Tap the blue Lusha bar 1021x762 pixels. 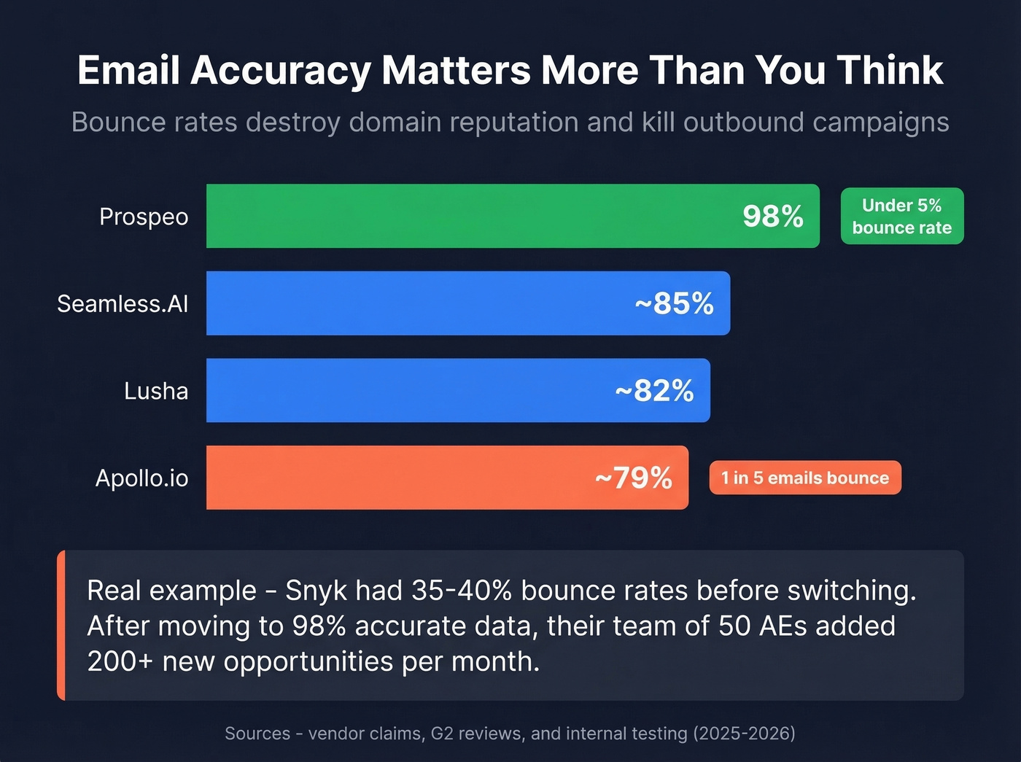coord(408,390)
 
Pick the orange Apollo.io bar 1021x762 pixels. coord(394,478)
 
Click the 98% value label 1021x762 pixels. coord(772,217)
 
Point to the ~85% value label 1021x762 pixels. coord(674,304)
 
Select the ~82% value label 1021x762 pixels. coord(654,391)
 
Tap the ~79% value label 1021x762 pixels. coord(633,478)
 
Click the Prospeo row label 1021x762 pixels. coord(144,217)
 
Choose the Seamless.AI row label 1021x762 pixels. coord(123,303)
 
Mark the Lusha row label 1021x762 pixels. coord(156,391)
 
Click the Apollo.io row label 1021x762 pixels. coord(141,478)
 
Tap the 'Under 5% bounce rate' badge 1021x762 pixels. coord(901,217)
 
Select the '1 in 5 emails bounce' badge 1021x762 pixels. coord(805,478)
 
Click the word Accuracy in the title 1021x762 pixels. coord(281,71)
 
